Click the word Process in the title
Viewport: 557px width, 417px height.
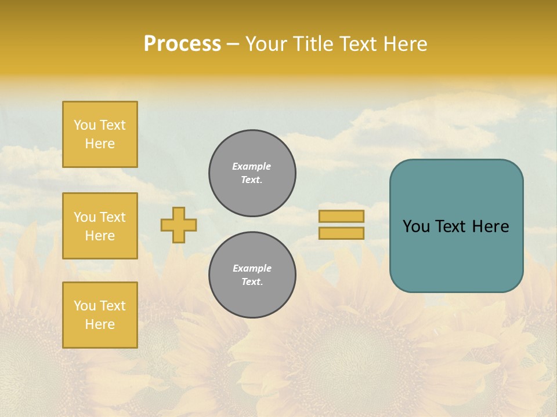tap(182, 44)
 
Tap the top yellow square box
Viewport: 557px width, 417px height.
tap(100, 134)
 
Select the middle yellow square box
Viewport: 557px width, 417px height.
tap(100, 226)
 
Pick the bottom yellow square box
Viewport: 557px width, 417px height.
tap(100, 315)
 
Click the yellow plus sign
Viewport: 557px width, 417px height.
tap(179, 225)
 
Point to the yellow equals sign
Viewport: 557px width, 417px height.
tap(341, 225)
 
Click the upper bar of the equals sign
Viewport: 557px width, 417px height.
tap(341, 216)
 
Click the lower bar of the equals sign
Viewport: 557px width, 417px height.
tap(341, 233)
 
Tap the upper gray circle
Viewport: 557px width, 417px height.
tap(252, 173)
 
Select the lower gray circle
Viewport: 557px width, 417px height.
tap(252, 275)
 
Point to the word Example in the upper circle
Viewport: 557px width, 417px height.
tap(252, 166)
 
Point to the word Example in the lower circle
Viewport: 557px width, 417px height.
tap(252, 268)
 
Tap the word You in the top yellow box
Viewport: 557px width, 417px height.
tap(85, 125)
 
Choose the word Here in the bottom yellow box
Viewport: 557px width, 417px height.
tap(100, 324)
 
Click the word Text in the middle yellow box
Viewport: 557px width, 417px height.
tap(113, 217)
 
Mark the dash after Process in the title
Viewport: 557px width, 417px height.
tap(233, 44)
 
